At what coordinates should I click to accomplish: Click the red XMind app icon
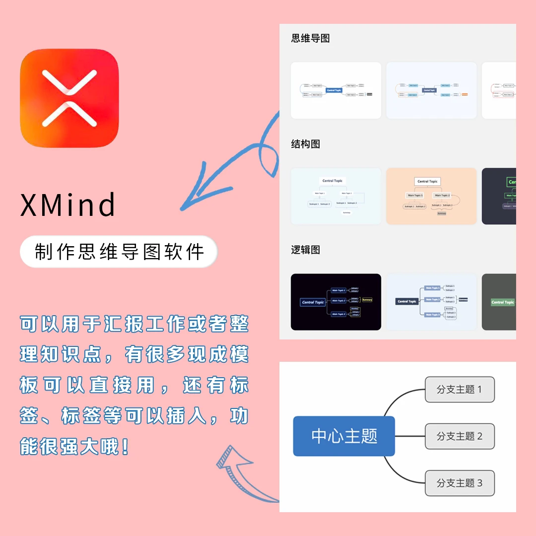coord(69,98)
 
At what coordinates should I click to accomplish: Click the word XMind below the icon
coord(68,204)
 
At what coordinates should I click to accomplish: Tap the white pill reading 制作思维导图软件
coord(119,252)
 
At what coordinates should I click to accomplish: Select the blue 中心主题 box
coord(344,436)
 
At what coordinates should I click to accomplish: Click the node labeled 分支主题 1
coord(460,390)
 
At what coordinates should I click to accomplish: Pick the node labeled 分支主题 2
coord(460,436)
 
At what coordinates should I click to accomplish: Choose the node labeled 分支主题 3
coord(460,483)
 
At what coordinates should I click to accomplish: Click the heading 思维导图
coord(311,38)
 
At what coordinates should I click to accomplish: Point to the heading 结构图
coord(306,144)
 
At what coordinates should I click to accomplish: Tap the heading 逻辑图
coord(306,250)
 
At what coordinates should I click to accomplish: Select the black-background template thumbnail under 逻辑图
coord(336,302)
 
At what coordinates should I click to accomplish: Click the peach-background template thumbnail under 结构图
coord(431,196)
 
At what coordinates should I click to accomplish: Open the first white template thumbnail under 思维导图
coord(336,90)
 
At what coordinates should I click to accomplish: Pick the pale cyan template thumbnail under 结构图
coord(336,196)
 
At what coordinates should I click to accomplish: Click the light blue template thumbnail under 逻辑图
coord(431,302)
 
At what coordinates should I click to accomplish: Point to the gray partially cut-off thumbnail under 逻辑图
coord(499,302)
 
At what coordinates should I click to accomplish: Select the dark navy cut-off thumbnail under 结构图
coord(499,196)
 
